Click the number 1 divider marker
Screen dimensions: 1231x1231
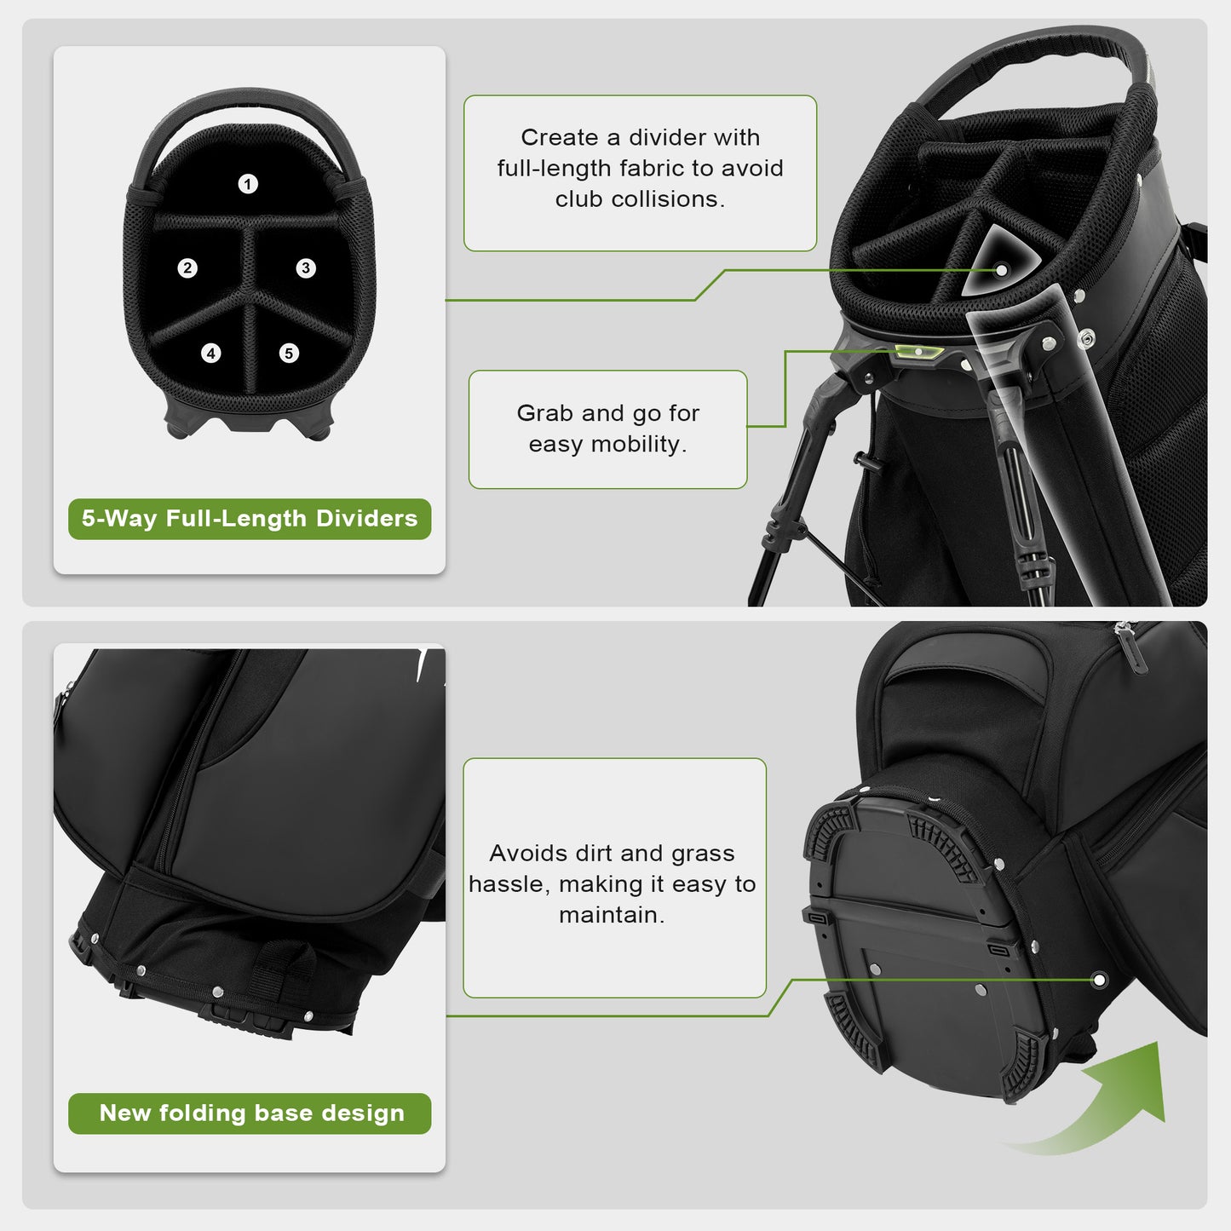click(x=248, y=184)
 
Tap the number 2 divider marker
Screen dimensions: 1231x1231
click(x=187, y=268)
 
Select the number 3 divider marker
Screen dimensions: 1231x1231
click(x=306, y=268)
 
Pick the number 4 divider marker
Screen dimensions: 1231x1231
click(x=211, y=353)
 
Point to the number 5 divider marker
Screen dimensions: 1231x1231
click(x=289, y=353)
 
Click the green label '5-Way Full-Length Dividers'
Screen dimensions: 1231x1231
click(x=250, y=519)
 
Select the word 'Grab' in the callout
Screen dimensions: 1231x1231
click(x=545, y=413)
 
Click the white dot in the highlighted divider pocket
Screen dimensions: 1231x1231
click(x=1002, y=270)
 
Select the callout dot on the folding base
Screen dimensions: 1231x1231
click(x=1099, y=980)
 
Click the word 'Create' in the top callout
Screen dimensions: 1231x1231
click(x=559, y=138)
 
